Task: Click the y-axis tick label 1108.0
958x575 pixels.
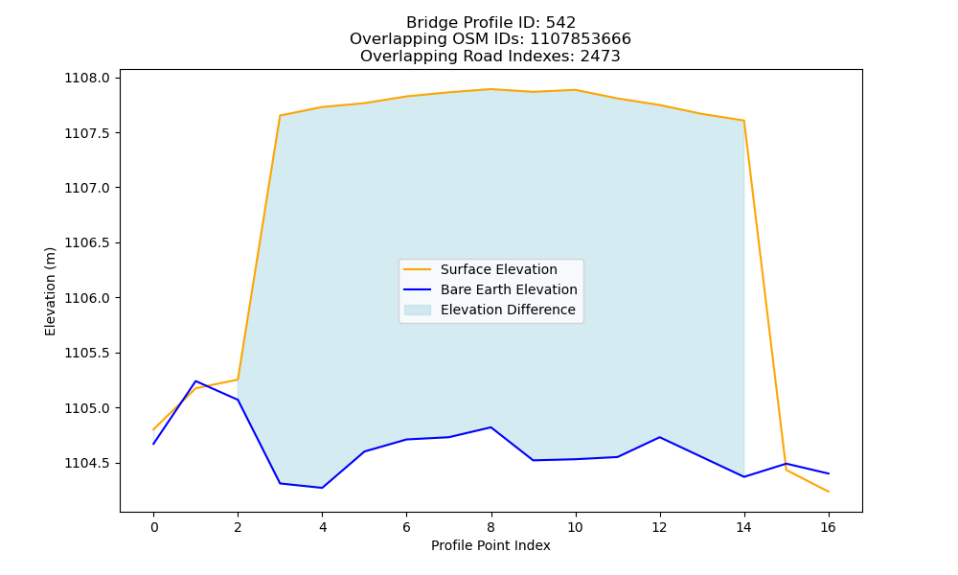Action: [x=87, y=79]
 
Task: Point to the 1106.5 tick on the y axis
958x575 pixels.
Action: [x=87, y=243]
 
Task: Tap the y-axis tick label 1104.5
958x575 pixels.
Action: [x=87, y=463]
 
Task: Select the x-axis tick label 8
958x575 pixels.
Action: [x=490, y=527]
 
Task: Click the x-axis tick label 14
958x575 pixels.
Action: [x=743, y=527]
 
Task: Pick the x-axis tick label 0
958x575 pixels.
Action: [x=154, y=527]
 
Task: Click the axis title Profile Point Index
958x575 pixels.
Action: [x=490, y=545]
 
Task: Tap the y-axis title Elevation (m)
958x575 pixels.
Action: [x=50, y=291]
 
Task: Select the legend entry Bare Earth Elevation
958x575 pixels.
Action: [x=490, y=289]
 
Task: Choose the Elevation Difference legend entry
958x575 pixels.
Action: [x=490, y=310]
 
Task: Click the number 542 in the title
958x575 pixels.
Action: [x=560, y=23]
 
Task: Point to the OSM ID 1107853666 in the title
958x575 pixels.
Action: [x=581, y=39]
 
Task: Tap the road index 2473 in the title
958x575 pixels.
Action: [x=601, y=57]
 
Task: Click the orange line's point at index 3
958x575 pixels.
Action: [x=280, y=116]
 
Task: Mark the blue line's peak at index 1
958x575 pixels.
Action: [x=195, y=381]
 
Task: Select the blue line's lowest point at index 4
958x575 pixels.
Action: [x=322, y=488]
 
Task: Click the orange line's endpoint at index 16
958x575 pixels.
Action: [x=829, y=492]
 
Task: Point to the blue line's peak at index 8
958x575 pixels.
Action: [x=490, y=427]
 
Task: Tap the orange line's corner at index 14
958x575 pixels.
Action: [x=743, y=121]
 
